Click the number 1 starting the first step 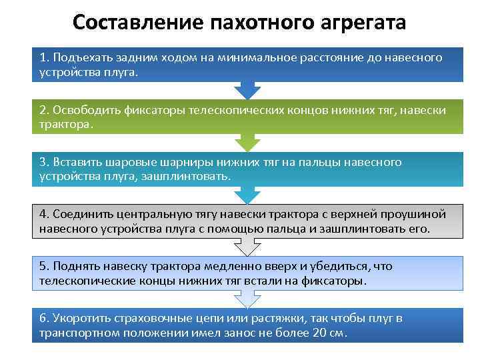coord(43,58)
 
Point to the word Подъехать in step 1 coord(81,58)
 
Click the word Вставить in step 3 coord(76,162)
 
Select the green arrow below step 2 coord(247,142)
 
